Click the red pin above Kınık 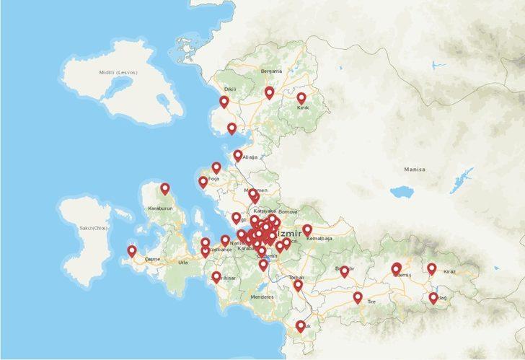(301, 98)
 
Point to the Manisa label (414, 170)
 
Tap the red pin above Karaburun (165, 189)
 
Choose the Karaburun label (160, 208)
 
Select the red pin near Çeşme (131, 251)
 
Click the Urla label (182, 263)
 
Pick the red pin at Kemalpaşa (307, 230)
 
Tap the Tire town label (371, 302)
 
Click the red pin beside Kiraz (431, 269)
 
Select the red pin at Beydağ (433, 298)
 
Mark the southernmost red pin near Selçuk (301, 327)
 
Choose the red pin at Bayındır (344, 272)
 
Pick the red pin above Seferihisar (216, 277)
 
